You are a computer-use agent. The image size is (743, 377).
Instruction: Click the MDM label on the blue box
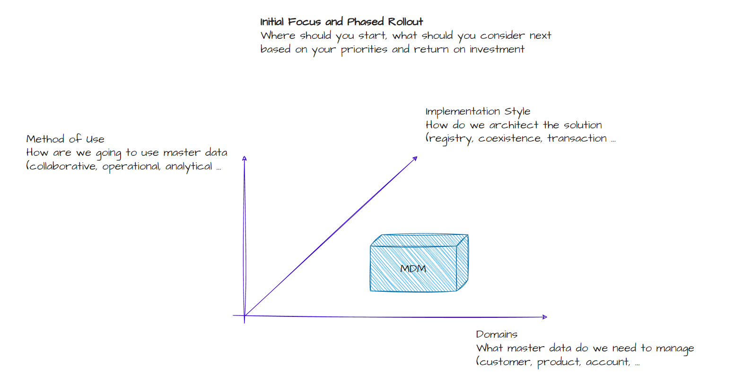click(x=413, y=269)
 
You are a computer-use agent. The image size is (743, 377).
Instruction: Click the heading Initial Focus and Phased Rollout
click(x=341, y=22)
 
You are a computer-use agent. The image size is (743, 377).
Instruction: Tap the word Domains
click(x=497, y=334)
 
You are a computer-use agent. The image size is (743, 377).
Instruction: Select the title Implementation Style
click(x=478, y=111)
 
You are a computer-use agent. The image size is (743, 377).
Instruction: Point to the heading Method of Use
click(x=65, y=139)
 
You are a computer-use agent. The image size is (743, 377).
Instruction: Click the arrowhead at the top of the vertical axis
click(x=245, y=159)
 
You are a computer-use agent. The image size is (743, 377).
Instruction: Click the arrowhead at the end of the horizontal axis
click(x=545, y=317)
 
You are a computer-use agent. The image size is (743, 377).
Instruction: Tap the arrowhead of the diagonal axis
click(x=415, y=159)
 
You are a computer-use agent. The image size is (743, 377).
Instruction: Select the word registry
click(x=450, y=139)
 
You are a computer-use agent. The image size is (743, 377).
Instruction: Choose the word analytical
click(x=189, y=167)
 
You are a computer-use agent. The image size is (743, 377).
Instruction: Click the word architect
click(x=514, y=125)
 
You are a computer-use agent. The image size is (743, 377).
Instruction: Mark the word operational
click(x=131, y=167)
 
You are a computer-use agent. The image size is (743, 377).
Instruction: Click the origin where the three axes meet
click(x=245, y=315)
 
